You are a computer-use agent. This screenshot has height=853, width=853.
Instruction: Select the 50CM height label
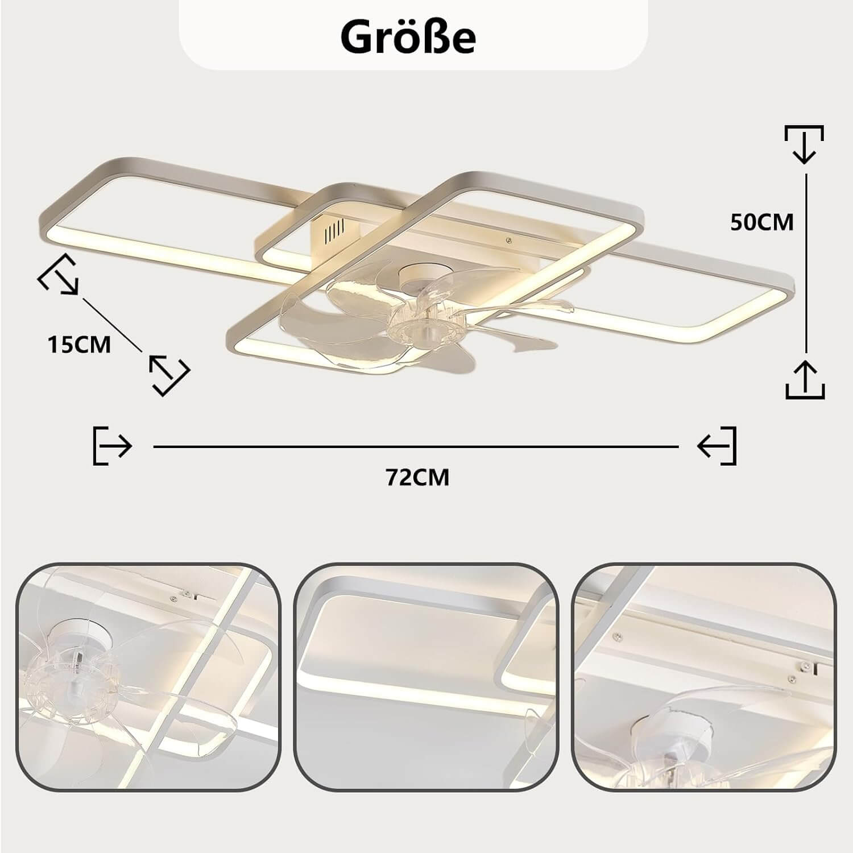click(761, 222)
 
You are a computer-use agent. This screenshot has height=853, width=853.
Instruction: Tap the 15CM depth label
click(79, 345)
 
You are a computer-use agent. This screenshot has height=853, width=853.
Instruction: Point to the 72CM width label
click(418, 477)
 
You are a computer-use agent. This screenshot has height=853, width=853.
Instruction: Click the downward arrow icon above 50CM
click(804, 144)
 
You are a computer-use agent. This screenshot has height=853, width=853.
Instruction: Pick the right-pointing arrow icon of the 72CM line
click(113, 446)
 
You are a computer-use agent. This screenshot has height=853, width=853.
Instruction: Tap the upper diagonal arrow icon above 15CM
click(58, 275)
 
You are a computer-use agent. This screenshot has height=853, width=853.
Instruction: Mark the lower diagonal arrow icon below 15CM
click(169, 375)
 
